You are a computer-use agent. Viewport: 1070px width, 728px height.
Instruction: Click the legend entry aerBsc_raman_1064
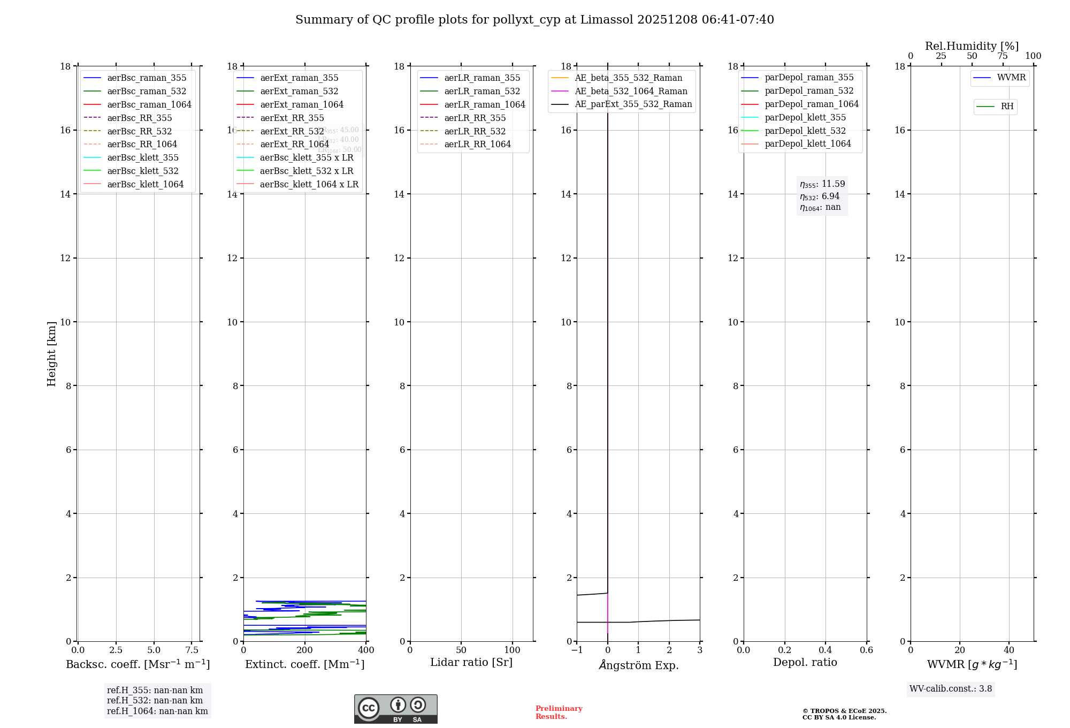pos(149,104)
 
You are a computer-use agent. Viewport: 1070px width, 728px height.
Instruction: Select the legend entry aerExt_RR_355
pos(292,118)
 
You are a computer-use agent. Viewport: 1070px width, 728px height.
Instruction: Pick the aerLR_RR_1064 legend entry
pos(477,144)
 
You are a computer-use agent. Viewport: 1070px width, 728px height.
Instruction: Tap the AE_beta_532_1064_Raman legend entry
pos(631,91)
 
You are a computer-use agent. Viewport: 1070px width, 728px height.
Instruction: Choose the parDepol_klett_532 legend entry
pos(805,131)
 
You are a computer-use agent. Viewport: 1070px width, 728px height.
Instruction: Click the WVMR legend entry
pos(1011,78)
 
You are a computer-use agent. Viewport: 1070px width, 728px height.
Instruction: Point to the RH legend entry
pos(1007,107)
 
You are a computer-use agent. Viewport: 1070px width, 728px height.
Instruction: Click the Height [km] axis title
pos(51,354)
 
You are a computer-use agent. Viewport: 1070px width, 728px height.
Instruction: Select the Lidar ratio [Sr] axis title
pos(471,662)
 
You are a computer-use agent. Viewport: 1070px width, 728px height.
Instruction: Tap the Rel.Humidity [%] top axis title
pos(972,46)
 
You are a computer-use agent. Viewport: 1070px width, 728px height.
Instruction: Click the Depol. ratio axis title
pos(805,662)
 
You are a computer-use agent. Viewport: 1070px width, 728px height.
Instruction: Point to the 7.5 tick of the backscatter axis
pos(192,650)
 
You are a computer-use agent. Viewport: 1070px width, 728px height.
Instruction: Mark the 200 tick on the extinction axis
pos(305,650)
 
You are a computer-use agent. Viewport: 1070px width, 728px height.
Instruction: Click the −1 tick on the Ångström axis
pos(577,650)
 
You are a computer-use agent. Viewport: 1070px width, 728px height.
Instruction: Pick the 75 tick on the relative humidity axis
pos(1003,56)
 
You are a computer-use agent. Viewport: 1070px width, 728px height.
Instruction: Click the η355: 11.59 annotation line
pos(822,184)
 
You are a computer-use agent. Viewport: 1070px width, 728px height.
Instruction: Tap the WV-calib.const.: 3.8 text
pos(951,689)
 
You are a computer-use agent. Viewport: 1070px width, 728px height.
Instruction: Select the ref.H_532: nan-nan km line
pos(155,701)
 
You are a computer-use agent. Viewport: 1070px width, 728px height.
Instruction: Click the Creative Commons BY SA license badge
pos(395,709)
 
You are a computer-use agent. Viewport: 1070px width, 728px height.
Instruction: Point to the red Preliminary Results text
pos(559,712)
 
